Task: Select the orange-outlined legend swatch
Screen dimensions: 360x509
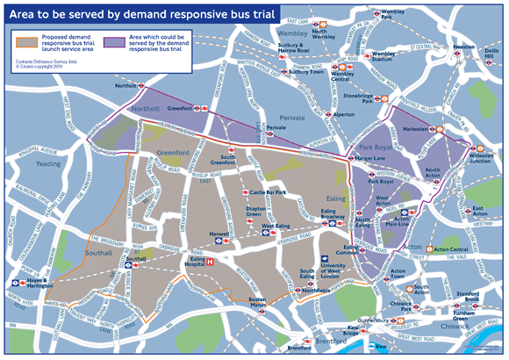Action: click(x=29, y=40)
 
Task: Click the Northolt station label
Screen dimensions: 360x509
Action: click(x=126, y=86)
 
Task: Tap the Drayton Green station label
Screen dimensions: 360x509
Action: click(x=254, y=213)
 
